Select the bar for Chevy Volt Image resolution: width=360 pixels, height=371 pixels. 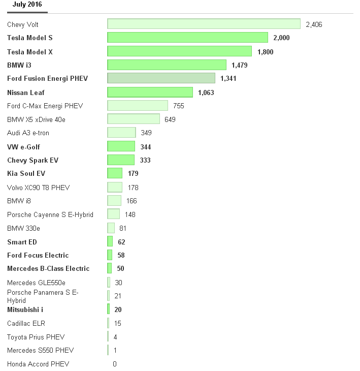(x=204, y=24)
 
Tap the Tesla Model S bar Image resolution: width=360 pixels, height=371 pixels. (x=187, y=38)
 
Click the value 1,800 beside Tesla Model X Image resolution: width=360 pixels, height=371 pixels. (x=266, y=51)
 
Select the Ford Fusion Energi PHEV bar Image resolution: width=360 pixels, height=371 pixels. (x=161, y=78)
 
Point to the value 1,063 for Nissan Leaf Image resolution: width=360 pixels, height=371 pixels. (x=206, y=92)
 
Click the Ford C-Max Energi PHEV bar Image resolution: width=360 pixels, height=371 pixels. (x=138, y=106)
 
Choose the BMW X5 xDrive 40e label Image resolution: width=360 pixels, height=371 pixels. (x=36, y=119)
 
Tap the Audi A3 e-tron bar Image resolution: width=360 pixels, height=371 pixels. (x=121, y=133)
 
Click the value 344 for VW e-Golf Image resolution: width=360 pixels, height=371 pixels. (x=146, y=147)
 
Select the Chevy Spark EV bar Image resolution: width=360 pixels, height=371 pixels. (x=121, y=160)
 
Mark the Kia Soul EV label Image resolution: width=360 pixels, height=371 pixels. (x=26, y=174)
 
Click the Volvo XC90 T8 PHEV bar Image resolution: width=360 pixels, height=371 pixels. (x=115, y=188)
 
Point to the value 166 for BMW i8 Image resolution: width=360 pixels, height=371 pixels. (x=132, y=201)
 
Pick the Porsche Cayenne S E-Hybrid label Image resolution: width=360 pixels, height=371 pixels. (x=50, y=214)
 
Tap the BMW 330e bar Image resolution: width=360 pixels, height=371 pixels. (x=111, y=228)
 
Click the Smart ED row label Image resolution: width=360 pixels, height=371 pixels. (x=22, y=242)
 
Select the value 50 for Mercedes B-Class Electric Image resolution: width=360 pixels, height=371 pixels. (x=120, y=268)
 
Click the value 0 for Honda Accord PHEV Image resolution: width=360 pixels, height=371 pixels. (x=115, y=364)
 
